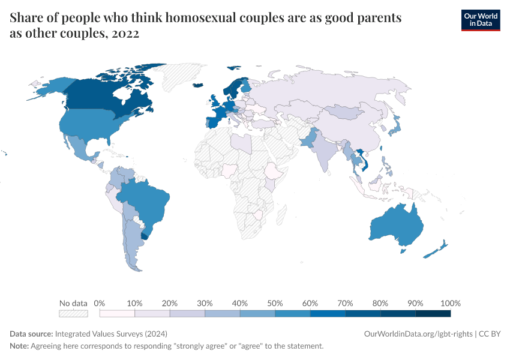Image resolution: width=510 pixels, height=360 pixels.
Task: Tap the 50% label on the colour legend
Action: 275,303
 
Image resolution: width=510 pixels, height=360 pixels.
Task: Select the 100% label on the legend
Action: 450,303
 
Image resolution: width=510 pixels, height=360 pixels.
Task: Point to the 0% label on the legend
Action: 100,303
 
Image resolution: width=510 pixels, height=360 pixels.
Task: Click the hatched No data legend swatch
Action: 73,313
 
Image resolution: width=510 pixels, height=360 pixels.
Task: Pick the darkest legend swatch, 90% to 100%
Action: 433,313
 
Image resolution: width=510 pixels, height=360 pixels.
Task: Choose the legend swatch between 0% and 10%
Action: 117,313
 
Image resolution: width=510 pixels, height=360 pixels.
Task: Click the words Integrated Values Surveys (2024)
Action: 111,334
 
